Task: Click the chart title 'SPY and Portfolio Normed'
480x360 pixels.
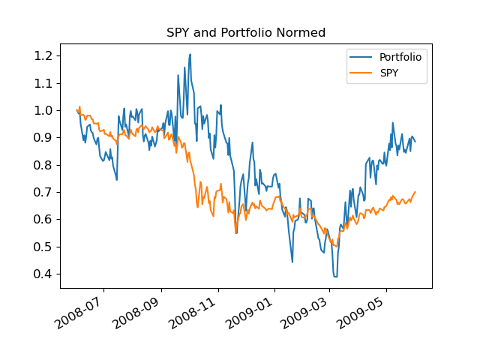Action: (x=245, y=33)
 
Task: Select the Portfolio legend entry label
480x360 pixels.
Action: (x=400, y=57)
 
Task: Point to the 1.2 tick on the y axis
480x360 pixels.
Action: (x=43, y=55)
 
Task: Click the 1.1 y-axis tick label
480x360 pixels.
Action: (x=43, y=83)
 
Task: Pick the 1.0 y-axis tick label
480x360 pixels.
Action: (x=43, y=110)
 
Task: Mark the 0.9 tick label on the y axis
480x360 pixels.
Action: (x=43, y=138)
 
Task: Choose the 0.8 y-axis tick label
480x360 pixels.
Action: (x=43, y=165)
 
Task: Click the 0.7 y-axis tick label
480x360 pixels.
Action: (x=43, y=192)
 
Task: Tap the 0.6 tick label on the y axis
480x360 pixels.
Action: (x=43, y=220)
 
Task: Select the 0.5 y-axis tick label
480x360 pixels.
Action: (x=43, y=247)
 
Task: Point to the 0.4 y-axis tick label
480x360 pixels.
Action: (x=43, y=274)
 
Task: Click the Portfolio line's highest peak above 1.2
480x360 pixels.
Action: (x=190, y=54)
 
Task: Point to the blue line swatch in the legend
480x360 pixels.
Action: (x=361, y=57)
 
